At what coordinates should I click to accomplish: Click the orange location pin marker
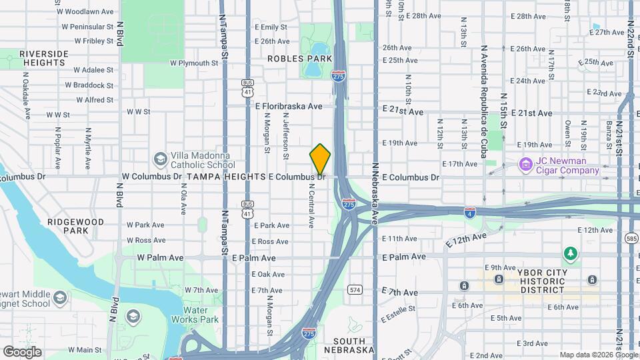[x=320, y=159]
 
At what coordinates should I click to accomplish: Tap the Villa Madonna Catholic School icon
[x=160, y=159]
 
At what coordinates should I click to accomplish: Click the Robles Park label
[x=299, y=59]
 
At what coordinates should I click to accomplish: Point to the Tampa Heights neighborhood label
[x=226, y=177]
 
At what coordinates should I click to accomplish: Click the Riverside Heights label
[x=44, y=57]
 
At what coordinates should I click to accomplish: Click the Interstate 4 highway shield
[x=470, y=213]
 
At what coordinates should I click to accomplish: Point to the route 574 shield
[x=355, y=289]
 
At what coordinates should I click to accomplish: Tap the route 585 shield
[x=631, y=237]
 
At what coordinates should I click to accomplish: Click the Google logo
[x=22, y=352]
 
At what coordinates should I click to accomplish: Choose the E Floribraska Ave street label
[x=289, y=106]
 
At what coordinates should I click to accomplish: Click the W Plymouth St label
[x=195, y=63]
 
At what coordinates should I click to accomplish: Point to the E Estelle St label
[x=398, y=313]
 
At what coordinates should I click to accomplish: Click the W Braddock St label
[x=93, y=85]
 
